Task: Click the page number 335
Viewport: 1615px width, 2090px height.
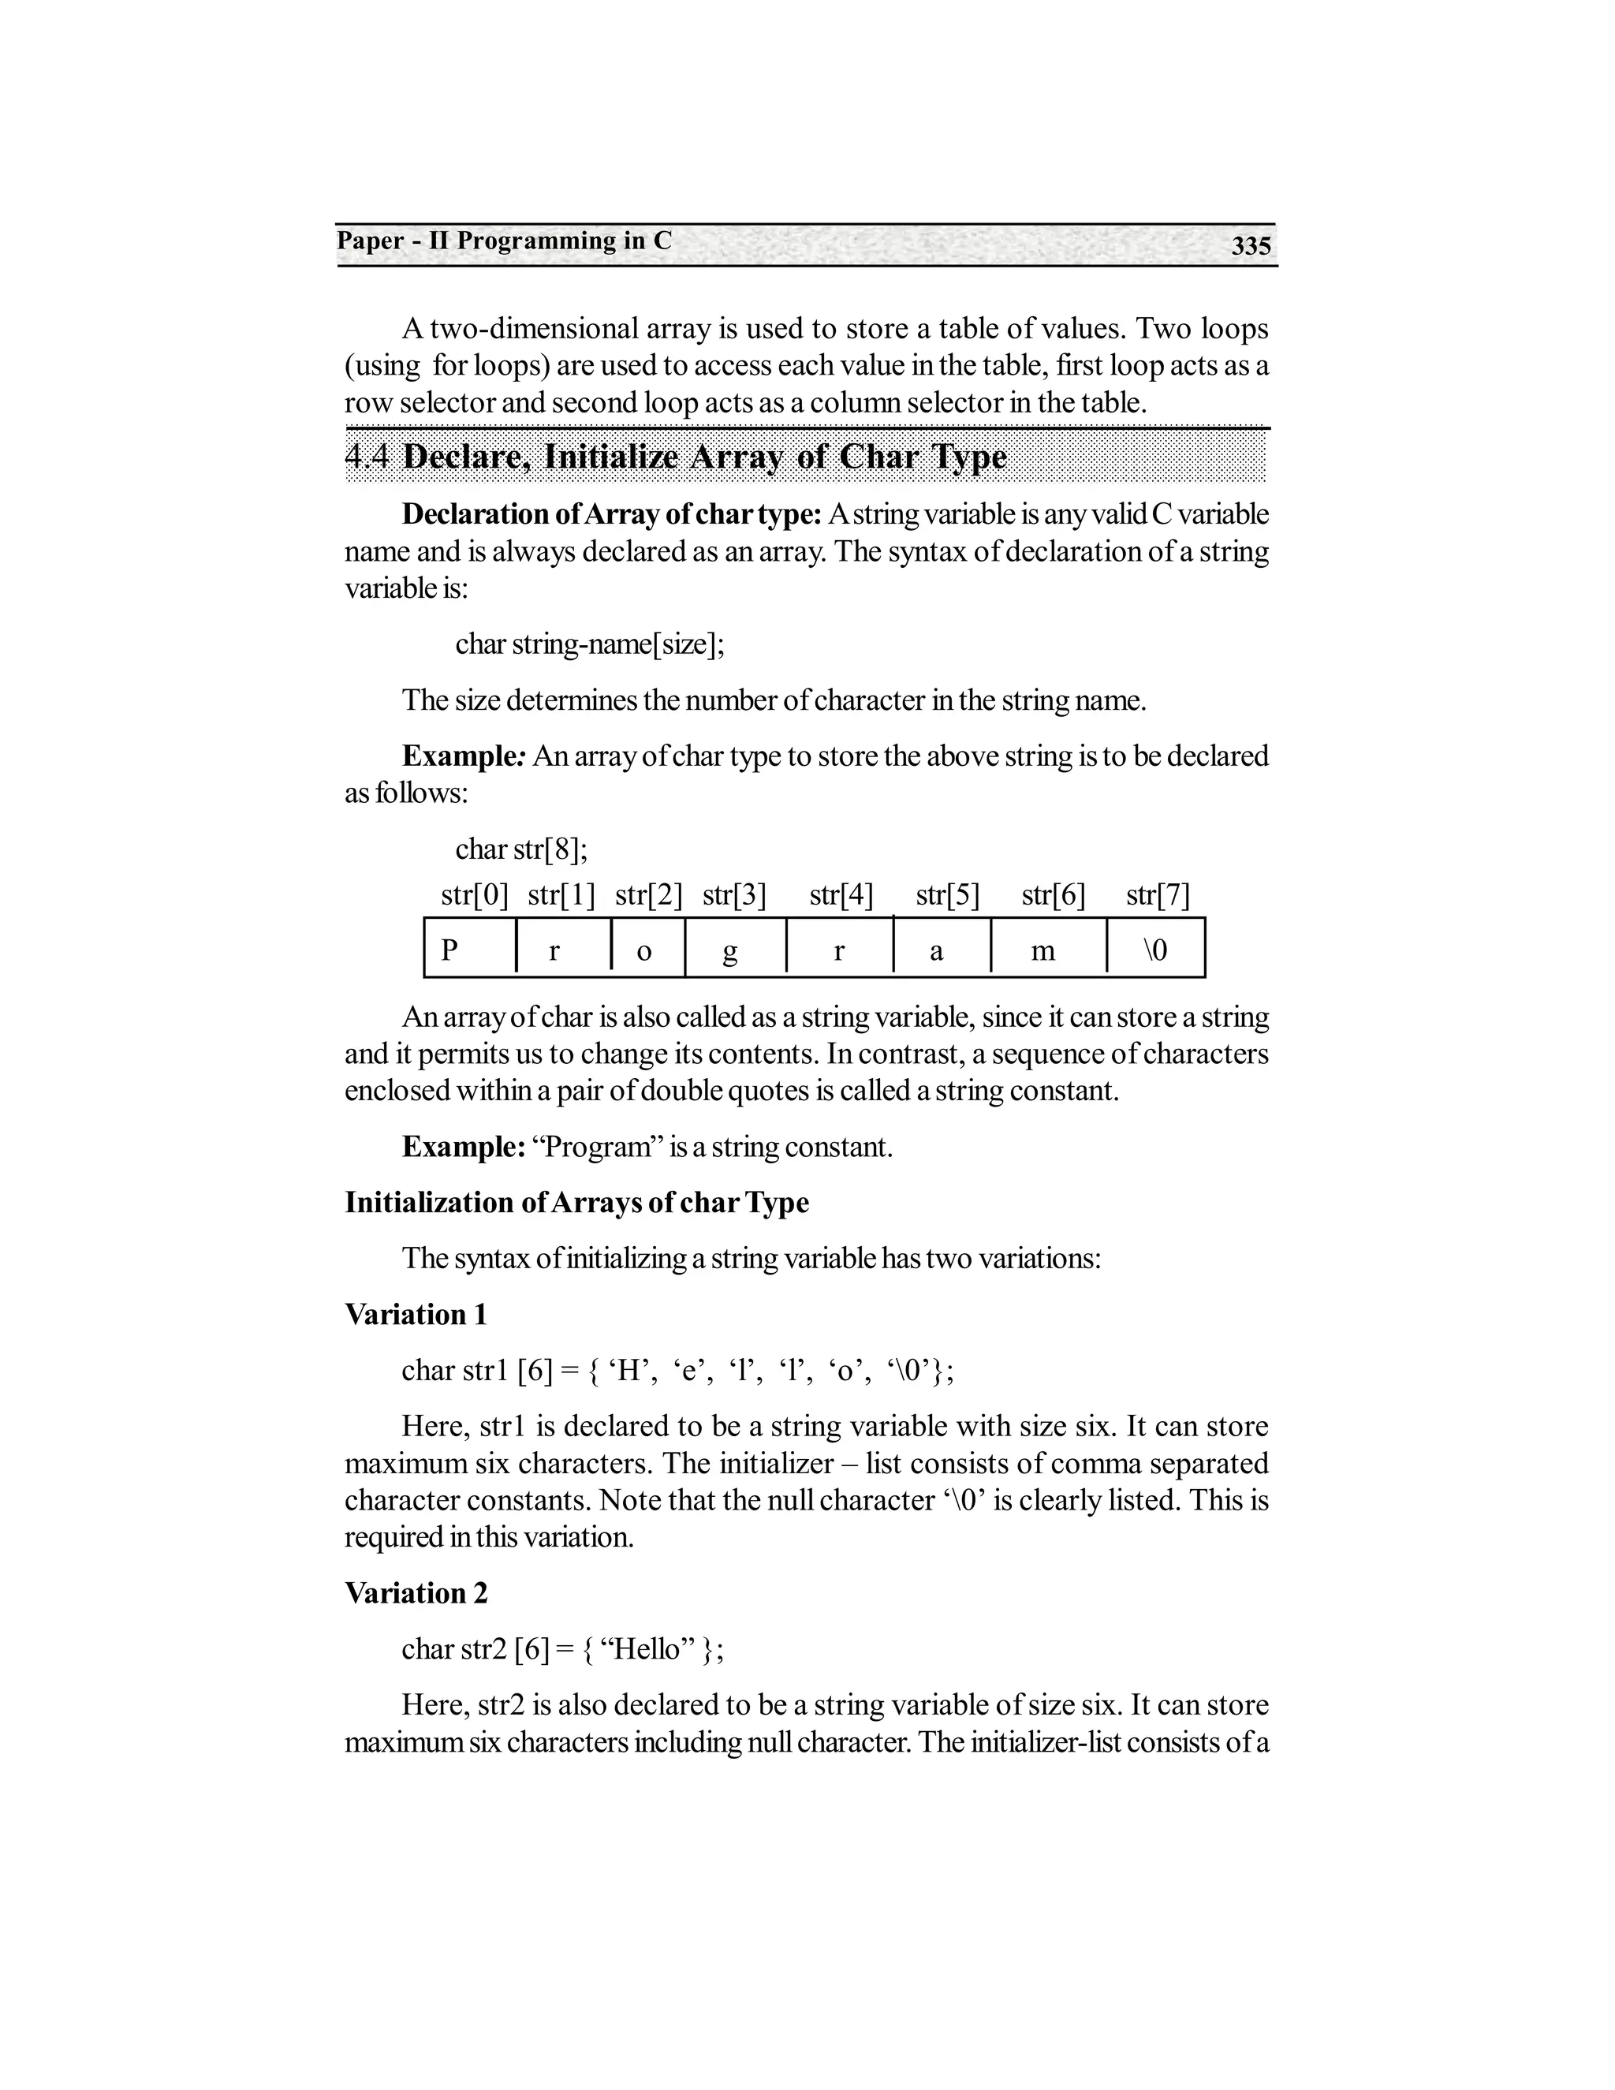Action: (x=1251, y=247)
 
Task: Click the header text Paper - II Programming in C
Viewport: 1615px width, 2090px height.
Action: (x=504, y=241)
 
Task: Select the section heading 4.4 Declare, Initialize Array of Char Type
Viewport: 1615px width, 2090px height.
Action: (x=676, y=457)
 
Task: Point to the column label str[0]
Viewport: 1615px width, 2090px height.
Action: (x=475, y=896)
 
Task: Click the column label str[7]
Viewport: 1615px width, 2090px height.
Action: (x=1158, y=896)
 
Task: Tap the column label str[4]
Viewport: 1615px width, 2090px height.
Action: (x=841, y=896)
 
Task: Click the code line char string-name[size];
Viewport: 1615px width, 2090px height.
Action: (x=589, y=644)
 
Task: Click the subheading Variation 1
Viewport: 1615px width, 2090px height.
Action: (x=416, y=1314)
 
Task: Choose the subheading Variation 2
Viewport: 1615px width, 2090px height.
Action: (x=416, y=1593)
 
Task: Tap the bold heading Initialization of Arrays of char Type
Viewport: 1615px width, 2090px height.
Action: (x=576, y=1203)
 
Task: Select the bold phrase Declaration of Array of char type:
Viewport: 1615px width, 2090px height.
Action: (x=611, y=514)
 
